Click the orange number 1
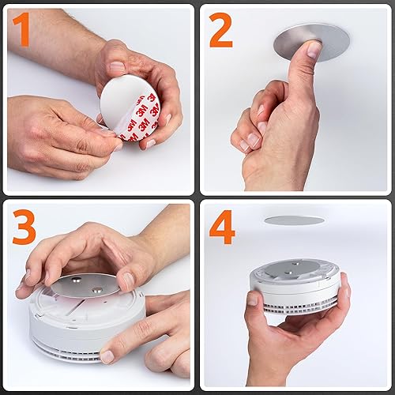(22, 32)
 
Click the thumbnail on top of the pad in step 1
(116, 67)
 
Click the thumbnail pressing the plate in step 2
(314, 50)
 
